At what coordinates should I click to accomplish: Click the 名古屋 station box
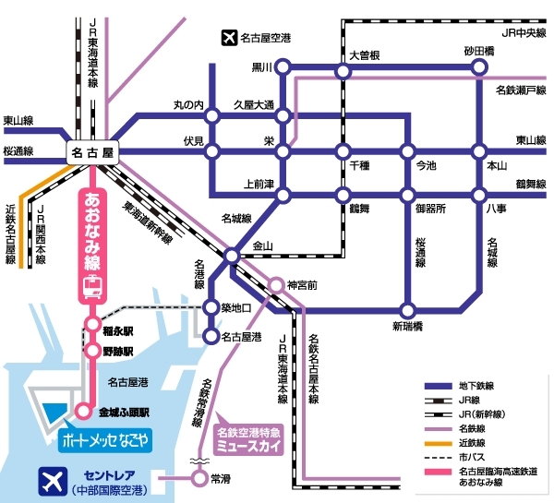[95, 150]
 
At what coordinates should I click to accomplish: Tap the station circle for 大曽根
[343, 67]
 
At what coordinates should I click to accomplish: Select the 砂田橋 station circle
[478, 67]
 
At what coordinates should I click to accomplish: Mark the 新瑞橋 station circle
[406, 311]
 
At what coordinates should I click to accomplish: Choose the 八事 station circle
[478, 194]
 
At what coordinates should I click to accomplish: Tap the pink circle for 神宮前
[276, 286]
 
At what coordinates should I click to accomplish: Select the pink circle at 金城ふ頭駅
[83, 413]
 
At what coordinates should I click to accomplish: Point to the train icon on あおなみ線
[92, 288]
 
